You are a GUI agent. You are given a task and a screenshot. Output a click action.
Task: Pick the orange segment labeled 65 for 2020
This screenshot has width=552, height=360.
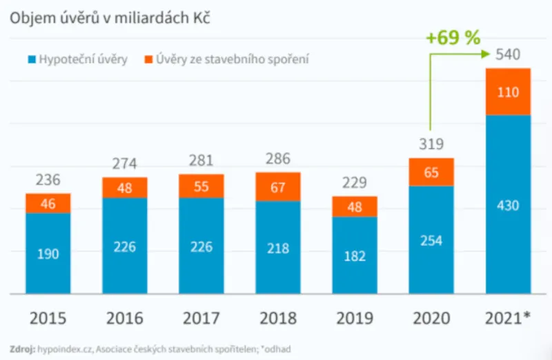pyautogui.click(x=431, y=172)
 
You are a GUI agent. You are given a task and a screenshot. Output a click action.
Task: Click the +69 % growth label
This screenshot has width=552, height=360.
pyautogui.click(x=453, y=38)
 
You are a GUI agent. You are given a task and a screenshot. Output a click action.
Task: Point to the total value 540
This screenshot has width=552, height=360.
pyautogui.click(x=508, y=54)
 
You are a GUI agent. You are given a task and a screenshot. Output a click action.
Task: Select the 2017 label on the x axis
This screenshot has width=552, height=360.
pyautogui.click(x=201, y=319)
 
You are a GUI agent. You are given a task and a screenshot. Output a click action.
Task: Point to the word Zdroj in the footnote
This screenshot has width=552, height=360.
pyautogui.click(x=23, y=348)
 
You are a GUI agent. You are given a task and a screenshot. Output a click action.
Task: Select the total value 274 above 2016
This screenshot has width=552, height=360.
pyautogui.click(x=125, y=164)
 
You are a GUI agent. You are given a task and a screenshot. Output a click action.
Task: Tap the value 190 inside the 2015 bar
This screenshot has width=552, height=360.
pyautogui.click(x=48, y=254)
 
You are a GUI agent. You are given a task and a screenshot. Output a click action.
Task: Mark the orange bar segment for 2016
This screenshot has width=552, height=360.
pyautogui.click(x=125, y=187)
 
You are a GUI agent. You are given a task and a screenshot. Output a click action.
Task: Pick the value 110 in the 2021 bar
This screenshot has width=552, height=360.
pyautogui.click(x=508, y=92)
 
